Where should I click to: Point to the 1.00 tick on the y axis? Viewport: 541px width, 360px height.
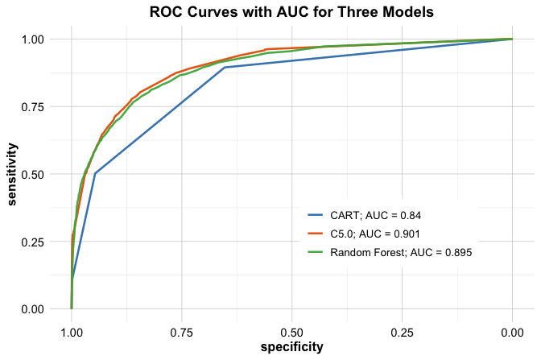(x=36, y=39)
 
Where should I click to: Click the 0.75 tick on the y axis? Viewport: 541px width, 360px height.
(x=36, y=106)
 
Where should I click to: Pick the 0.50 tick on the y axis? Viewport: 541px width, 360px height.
(x=36, y=174)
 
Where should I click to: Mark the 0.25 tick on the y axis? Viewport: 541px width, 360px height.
(x=36, y=242)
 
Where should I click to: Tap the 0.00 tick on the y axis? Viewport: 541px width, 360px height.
(x=36, y=309)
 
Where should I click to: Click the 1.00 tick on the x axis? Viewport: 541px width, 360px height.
(x=72, y=330)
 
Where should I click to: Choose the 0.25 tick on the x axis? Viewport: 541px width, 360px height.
(x=402, y=330)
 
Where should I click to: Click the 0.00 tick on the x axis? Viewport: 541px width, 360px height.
(x=512, y=330)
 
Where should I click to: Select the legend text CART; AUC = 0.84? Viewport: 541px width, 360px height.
(x=376, y=216)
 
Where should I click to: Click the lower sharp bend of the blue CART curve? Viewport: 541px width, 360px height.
(x=95, y=173)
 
